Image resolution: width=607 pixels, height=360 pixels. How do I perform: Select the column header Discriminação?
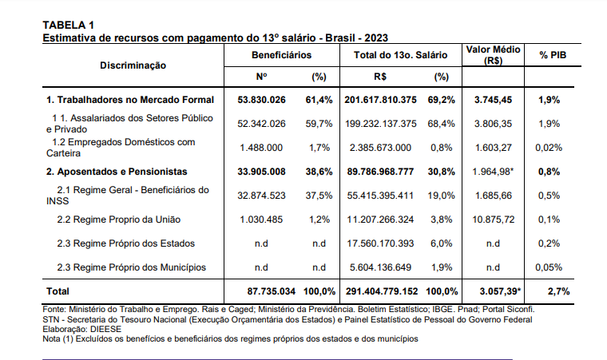pos(133,65)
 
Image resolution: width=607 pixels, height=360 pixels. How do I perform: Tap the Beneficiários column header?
pos(281,54)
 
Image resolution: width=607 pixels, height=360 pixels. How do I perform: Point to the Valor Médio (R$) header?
pos(493,54)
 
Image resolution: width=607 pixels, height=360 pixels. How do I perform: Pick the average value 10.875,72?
pos(493,219)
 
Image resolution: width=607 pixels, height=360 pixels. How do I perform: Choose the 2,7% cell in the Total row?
pos(558,291)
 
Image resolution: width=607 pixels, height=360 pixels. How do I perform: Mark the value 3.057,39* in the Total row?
pos(497,291)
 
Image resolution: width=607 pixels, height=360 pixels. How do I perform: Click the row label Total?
pos(58,291)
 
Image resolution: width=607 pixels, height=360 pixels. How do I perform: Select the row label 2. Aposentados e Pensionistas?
pos(117,172)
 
